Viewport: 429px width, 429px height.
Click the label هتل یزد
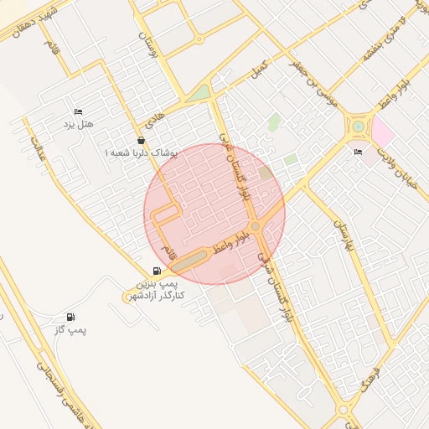pos(78,125)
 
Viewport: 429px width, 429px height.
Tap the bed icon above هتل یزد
pos(78,111)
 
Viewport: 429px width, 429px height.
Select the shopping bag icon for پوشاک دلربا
pos(141,140)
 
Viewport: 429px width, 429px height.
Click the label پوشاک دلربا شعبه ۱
pos(141,154)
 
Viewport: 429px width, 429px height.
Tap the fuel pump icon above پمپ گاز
pos(70,318)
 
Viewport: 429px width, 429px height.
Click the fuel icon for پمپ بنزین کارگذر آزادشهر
pos(158,271)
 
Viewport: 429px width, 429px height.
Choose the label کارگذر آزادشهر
pos(155,297)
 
